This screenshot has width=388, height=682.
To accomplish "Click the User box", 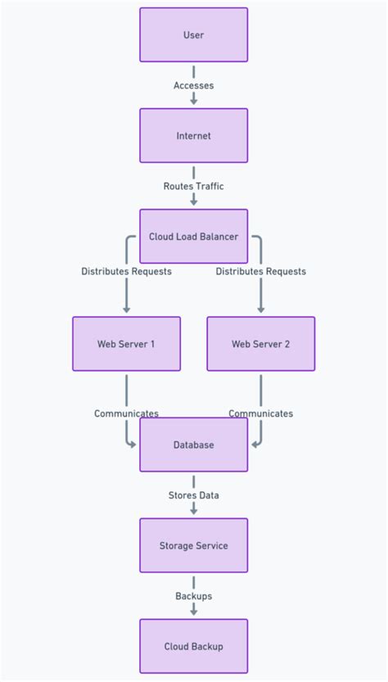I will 193,35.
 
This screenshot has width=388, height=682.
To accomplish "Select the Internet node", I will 193,136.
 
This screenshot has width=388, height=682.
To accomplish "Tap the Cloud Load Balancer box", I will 193,237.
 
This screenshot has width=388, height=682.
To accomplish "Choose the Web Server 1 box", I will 126,344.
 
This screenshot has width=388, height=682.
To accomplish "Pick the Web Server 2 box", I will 260,344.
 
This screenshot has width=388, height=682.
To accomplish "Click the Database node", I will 193,445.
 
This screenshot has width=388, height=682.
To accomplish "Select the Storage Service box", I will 193,545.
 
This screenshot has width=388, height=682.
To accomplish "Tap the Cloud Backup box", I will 193,646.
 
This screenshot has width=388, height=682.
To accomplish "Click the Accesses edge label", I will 193,85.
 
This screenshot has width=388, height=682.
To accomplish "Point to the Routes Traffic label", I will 193,186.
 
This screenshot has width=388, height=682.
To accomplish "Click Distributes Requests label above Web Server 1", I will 126,271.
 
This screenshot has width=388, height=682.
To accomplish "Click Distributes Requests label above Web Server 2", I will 260,271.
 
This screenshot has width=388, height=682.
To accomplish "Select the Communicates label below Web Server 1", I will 126,413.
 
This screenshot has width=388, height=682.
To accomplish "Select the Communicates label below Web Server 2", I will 260,413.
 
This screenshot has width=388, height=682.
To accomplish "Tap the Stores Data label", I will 193,495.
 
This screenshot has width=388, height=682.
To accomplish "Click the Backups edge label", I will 193,596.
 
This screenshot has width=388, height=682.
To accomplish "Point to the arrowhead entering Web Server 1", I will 126,309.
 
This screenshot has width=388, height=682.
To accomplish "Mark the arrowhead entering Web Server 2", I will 260,309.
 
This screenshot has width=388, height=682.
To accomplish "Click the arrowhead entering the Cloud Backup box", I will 193,612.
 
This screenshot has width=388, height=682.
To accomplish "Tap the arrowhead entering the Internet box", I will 193,102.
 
